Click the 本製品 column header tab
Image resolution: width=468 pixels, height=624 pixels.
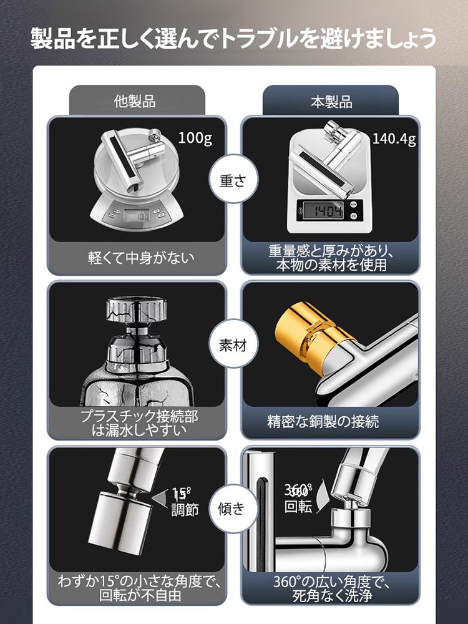tap(331, 102)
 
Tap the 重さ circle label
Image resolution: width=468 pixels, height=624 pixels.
tap(233, 180)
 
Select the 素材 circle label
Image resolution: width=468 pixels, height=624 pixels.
tap(233, 346)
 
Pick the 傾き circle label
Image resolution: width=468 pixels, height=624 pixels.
tap(233, 509)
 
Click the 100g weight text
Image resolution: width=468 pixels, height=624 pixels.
tap(195, 138)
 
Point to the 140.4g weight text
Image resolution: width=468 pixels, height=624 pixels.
tap(394, 139)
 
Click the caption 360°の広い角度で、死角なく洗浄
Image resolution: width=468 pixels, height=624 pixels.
tap(331, 588)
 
